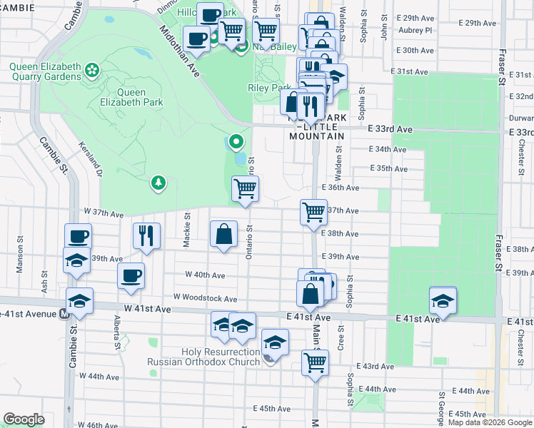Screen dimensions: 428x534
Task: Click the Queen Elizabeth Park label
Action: pyautogui.click(x=135, y=97)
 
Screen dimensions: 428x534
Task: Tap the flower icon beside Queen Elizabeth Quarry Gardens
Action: pyautogui.click(x=91, y=69)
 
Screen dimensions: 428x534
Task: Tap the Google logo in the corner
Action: pyautogui.click(x=24, y=419)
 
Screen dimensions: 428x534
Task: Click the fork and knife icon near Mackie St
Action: pyautogui.click(x=146, y=235)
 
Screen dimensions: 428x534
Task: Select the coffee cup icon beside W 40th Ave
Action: pyautogui.click(x=131, y=275)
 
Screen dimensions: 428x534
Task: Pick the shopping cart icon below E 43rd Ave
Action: pyautogui.click(x=315, y=362)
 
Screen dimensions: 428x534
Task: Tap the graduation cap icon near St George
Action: pyautogui.click(x=443, y=300)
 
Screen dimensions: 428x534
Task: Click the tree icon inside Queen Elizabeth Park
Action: pyautogui.click(x=158, y=183)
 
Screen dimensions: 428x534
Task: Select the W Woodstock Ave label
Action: pyautogui.click(x=205, y=298)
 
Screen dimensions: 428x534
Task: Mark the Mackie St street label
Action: pyautogui.click(x=186, y=230)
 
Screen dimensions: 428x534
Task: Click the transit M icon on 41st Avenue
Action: pyautogui.click(x=65, y=313)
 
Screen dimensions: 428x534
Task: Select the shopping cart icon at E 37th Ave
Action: pyautogui.click(x=314, y=211)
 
